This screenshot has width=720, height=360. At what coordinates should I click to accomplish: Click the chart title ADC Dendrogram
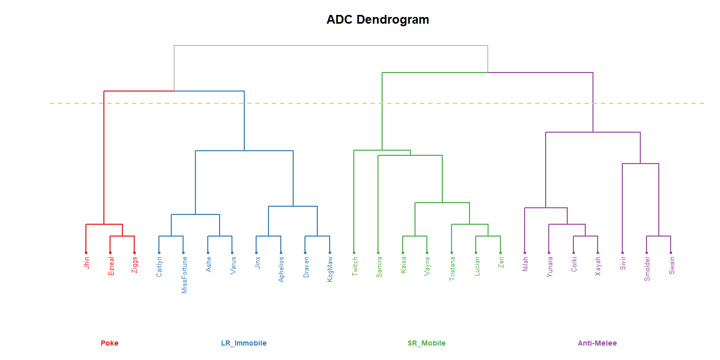pos(377,20)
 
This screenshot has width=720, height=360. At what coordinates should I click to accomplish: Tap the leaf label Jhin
pos(86,263)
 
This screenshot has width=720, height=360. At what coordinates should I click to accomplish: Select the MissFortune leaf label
pos(184,275)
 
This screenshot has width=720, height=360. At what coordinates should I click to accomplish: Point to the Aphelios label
pos(281,269)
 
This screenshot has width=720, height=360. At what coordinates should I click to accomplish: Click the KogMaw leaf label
pos(330,269)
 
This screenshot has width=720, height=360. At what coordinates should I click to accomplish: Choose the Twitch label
pos(354,267)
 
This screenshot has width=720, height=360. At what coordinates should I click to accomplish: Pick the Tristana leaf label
pos(452,268)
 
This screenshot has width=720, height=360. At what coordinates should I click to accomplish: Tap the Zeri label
pos(501,262)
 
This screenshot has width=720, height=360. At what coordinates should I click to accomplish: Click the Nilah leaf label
pos(525,264)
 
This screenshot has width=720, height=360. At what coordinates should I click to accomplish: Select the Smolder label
pos(647,268)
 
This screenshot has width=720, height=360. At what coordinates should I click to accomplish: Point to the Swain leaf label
pos(671,265)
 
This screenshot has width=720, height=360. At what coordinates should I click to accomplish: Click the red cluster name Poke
pos(110,343)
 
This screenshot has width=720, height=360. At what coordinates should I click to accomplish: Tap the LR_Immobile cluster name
pos(244,343)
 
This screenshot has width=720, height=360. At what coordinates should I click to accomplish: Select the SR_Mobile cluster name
pos(426,343)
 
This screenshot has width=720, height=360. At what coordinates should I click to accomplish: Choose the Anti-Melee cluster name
pos(597,343)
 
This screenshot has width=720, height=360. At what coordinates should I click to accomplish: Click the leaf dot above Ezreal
pos(110,253)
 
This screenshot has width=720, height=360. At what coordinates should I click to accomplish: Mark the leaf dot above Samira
pos(379,253)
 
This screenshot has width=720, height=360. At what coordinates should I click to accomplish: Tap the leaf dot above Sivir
pos(622,253)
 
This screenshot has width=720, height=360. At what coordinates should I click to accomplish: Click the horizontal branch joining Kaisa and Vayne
pos(415,236)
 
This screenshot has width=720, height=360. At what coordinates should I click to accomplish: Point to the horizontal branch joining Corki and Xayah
pos(586,236)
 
